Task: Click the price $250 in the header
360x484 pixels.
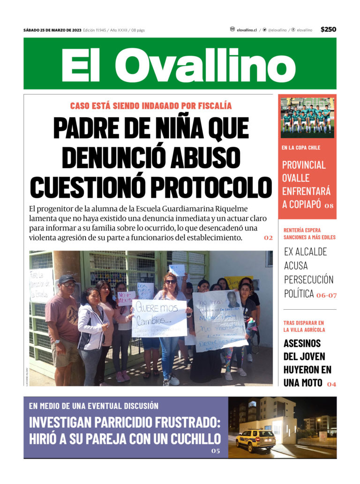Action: (328, 30)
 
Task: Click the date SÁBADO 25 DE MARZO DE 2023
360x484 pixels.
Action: (52, 30)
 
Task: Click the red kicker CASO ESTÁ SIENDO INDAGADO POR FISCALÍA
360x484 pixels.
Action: (150, 106)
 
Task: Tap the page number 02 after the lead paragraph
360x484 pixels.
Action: (268, 238)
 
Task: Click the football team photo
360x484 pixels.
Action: (307, 117)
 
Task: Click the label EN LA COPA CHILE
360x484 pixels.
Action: (301, 148)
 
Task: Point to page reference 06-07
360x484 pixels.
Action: (326, 295)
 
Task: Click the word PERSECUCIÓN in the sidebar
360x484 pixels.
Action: (308, 280)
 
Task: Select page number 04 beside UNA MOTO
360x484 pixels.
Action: (331, 384)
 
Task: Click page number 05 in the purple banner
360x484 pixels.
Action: (215, 451)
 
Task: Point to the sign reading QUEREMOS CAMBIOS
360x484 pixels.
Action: (159, 318)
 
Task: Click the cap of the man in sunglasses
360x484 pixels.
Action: (67, 279)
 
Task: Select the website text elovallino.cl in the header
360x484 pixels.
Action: (247, 30)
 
